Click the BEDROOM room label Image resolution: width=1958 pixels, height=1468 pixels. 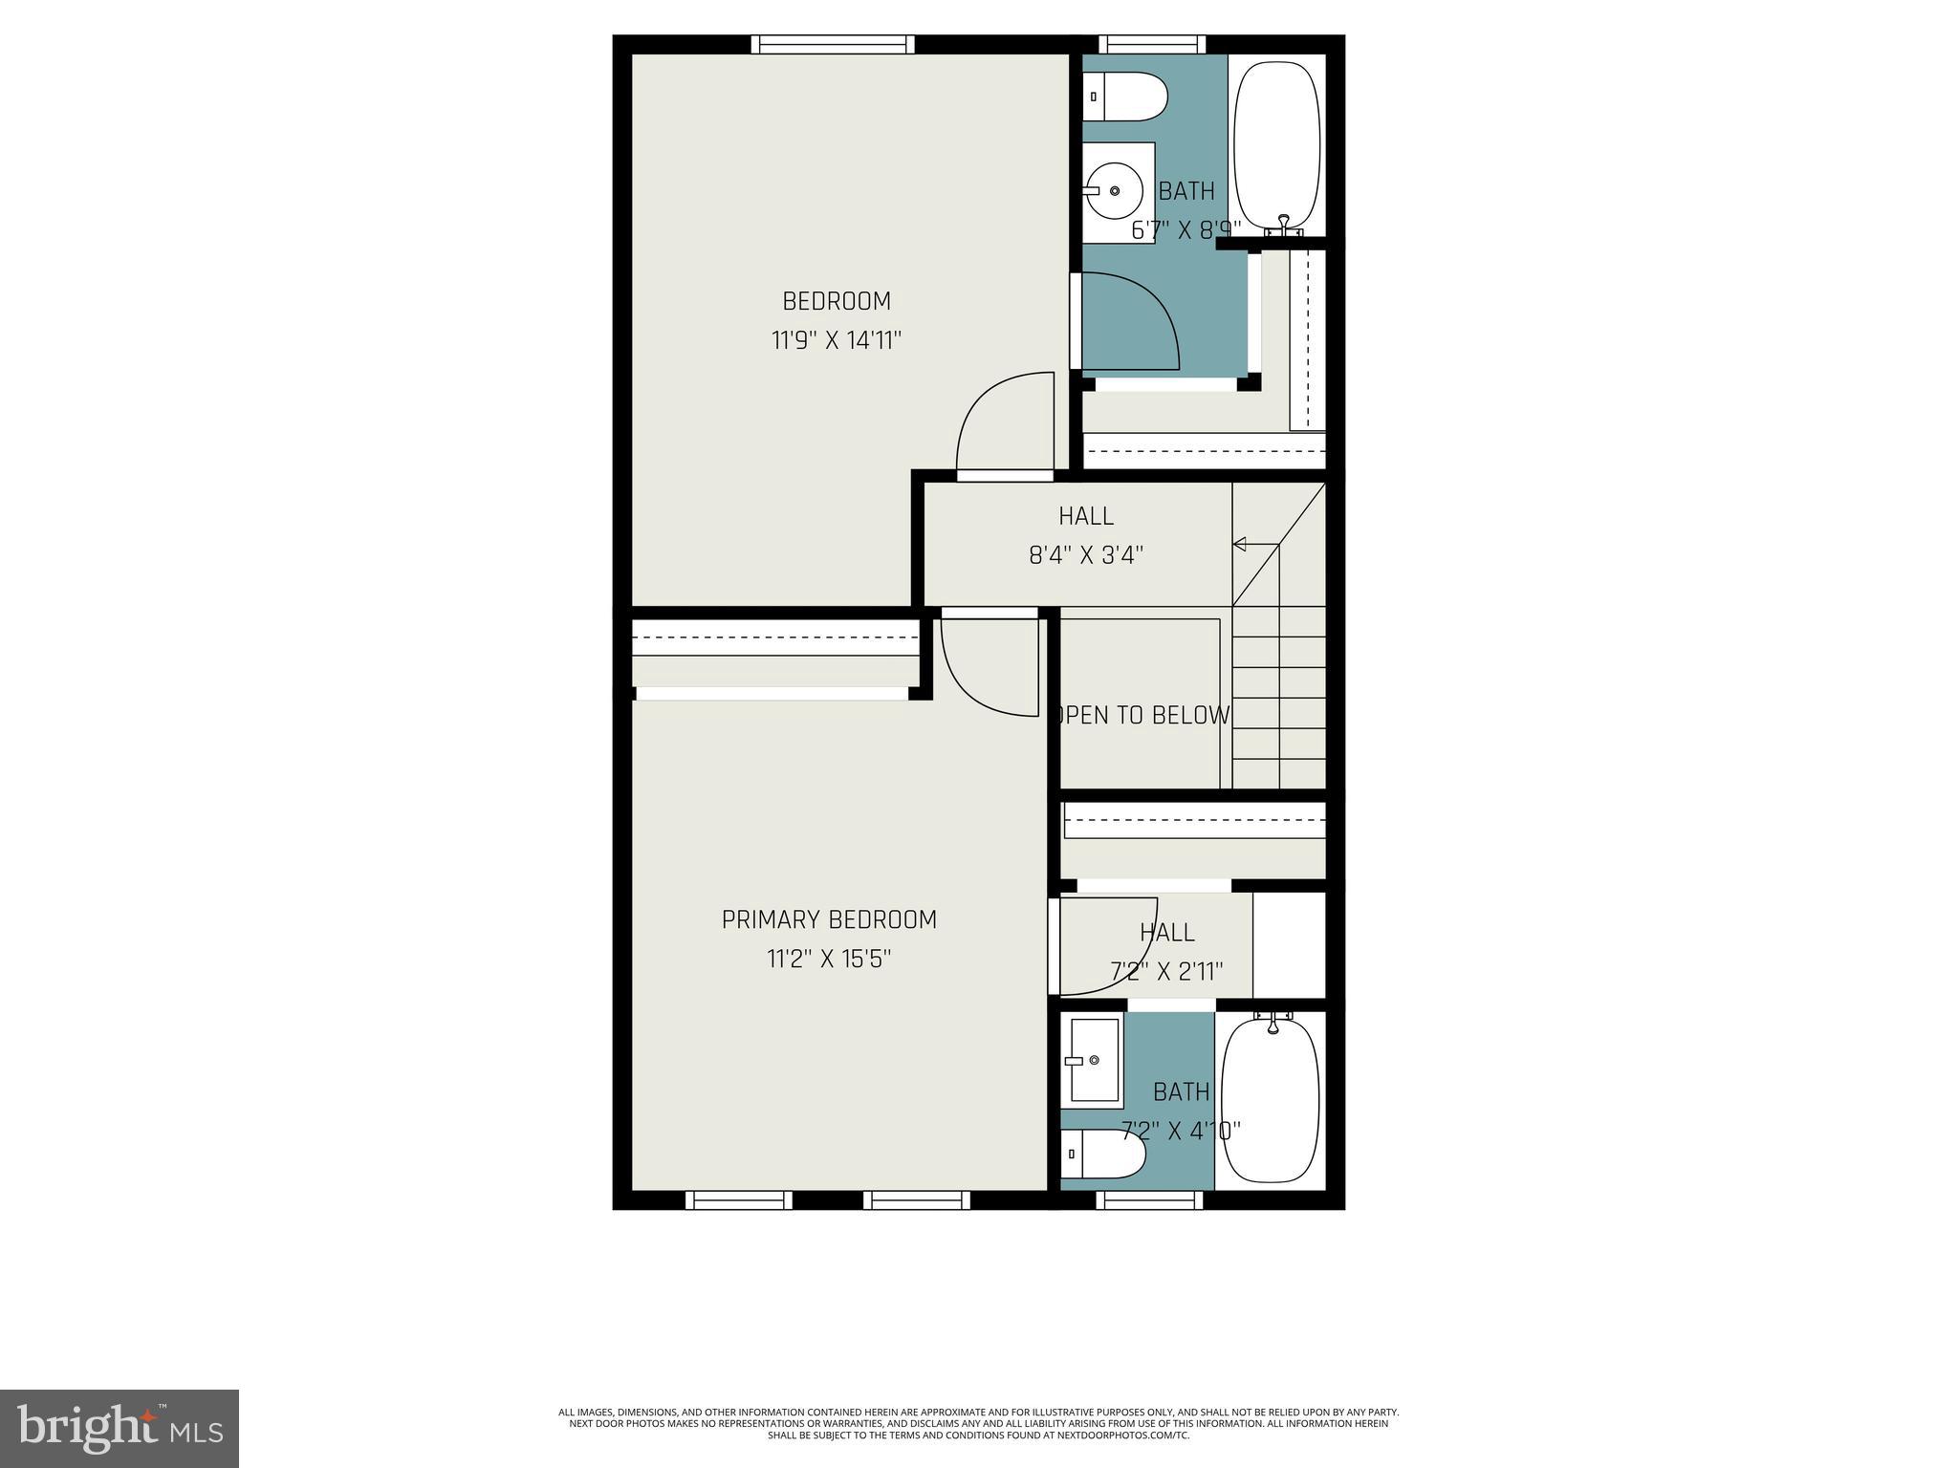pos(837,301)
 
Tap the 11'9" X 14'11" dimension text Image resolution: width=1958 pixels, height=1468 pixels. pos(837,340)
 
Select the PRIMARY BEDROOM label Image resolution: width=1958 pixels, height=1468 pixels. pos(829,919)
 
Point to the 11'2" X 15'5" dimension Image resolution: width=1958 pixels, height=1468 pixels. pos(829,959)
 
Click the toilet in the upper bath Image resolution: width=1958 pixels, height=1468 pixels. pos(1125,98)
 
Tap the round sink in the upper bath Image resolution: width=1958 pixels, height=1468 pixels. pos(1113,191)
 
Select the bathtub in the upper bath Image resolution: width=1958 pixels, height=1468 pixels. pos(1276,143)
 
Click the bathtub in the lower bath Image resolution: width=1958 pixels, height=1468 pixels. pos(1271,1100)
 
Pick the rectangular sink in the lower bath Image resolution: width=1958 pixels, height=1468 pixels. pos(1093,1060)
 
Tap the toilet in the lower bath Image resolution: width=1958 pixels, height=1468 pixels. pos(1103,1155)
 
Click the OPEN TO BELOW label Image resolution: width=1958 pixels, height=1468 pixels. pos(1142,715)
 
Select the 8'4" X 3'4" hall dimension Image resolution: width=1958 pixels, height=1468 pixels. pos(1086,555)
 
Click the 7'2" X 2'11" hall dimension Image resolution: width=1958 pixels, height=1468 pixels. pos(1166,972)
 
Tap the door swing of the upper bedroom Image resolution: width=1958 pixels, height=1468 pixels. pos(1004,425)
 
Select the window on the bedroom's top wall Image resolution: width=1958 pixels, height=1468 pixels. pos(832,44)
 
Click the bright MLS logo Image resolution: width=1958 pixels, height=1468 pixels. pos(120,1428)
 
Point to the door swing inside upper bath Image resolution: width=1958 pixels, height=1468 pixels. pos(1128,320)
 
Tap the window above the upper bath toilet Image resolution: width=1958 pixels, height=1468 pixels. pos(1151,44)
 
